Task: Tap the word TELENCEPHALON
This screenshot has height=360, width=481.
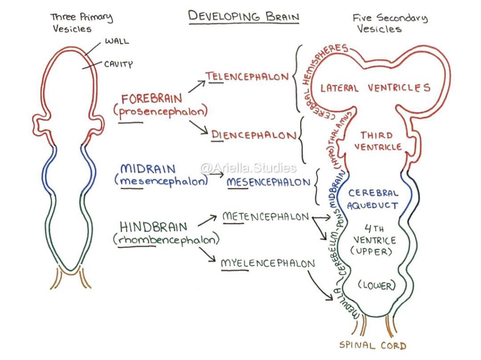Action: click(x=247, y=77)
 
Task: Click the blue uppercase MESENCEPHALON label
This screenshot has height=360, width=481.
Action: click(x=269, y=182)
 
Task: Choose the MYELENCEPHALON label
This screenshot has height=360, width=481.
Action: click(x=268, y=264)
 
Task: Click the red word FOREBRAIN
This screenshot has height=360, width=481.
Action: click(x=151, y=100)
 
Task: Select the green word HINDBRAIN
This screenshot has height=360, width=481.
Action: click(x=153, y=227)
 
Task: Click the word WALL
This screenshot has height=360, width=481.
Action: click(x=116, y=42)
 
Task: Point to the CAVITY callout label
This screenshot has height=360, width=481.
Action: click(x=118, y=64)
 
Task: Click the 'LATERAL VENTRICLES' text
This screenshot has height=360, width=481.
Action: click(x=375, y=88)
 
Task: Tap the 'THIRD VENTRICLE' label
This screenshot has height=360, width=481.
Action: click(x=378, y=141)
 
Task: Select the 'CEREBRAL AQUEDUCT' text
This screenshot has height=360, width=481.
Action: click(x=373, y=199)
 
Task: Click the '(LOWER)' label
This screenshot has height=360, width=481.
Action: click(x=376, y=285)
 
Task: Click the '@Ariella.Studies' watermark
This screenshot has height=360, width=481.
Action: click(x=248, y=168)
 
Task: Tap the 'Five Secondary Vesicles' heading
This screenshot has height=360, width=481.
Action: click(x=390, y=23)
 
